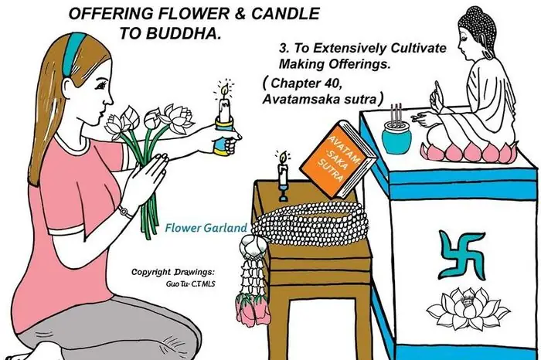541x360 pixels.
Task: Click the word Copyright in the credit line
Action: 157,273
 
